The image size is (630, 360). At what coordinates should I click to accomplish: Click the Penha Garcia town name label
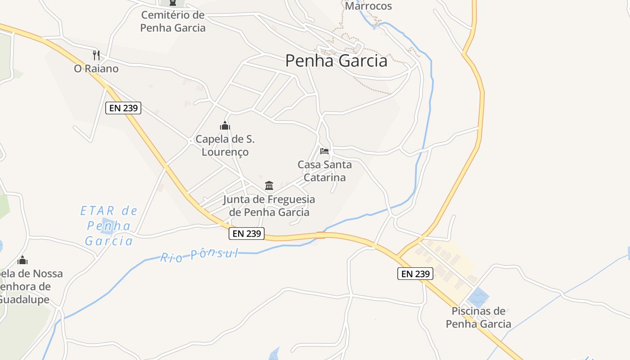[336, 61]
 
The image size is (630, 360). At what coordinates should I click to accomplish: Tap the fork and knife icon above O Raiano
[96, 55]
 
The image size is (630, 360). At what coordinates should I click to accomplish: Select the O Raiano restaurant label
[96, 69]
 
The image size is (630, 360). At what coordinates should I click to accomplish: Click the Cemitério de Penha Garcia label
[173, 21]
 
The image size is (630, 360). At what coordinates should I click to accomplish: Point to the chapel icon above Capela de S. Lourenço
[225, 126]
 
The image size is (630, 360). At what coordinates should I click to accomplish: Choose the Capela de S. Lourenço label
[225, 146]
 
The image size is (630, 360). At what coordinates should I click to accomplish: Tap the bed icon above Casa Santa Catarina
[324, 151]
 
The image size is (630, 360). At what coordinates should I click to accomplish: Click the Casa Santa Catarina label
[324, 171]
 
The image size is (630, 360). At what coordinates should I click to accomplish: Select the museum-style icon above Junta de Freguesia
[269, 185]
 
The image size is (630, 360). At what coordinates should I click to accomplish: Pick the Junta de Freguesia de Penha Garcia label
[269, 206]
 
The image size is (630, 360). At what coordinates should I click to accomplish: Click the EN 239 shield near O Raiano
[123, 108]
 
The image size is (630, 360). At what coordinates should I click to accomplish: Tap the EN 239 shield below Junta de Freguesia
[247, 234]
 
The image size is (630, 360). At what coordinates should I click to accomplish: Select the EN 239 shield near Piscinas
[415, 273]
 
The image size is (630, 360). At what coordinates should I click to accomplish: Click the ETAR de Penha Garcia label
[109, 226]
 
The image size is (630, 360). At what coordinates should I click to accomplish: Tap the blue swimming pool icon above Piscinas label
[477, 297]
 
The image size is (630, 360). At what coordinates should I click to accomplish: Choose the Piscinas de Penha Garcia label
[478, 317]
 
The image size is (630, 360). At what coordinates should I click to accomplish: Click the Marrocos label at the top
[368, 6]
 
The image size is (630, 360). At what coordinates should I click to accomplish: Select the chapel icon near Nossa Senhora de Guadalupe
[22, 260]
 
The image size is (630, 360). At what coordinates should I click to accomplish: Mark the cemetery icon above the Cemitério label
[172, 3]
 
